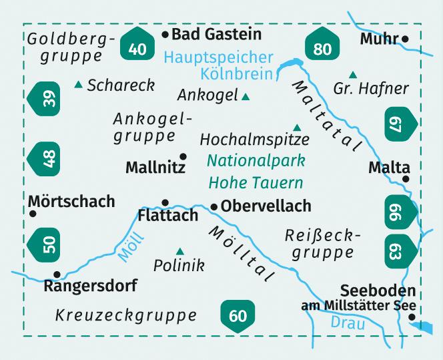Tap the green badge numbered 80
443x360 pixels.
(x=322, y=46)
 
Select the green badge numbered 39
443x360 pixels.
(x=44, y=100)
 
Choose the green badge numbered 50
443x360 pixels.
(x=44, y=243)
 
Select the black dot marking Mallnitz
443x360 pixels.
(x=183, y=156)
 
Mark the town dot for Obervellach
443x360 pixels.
(x=213, y=207)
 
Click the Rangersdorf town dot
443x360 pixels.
(x=57, y=274)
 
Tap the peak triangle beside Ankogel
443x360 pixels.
(x=246, y=97)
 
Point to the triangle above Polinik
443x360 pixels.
(x=179, y=250)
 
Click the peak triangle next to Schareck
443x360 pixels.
(x=79, y=85)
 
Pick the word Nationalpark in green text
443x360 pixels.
(x=256, y=160)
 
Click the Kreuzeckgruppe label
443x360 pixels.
(x=126, y=314)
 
